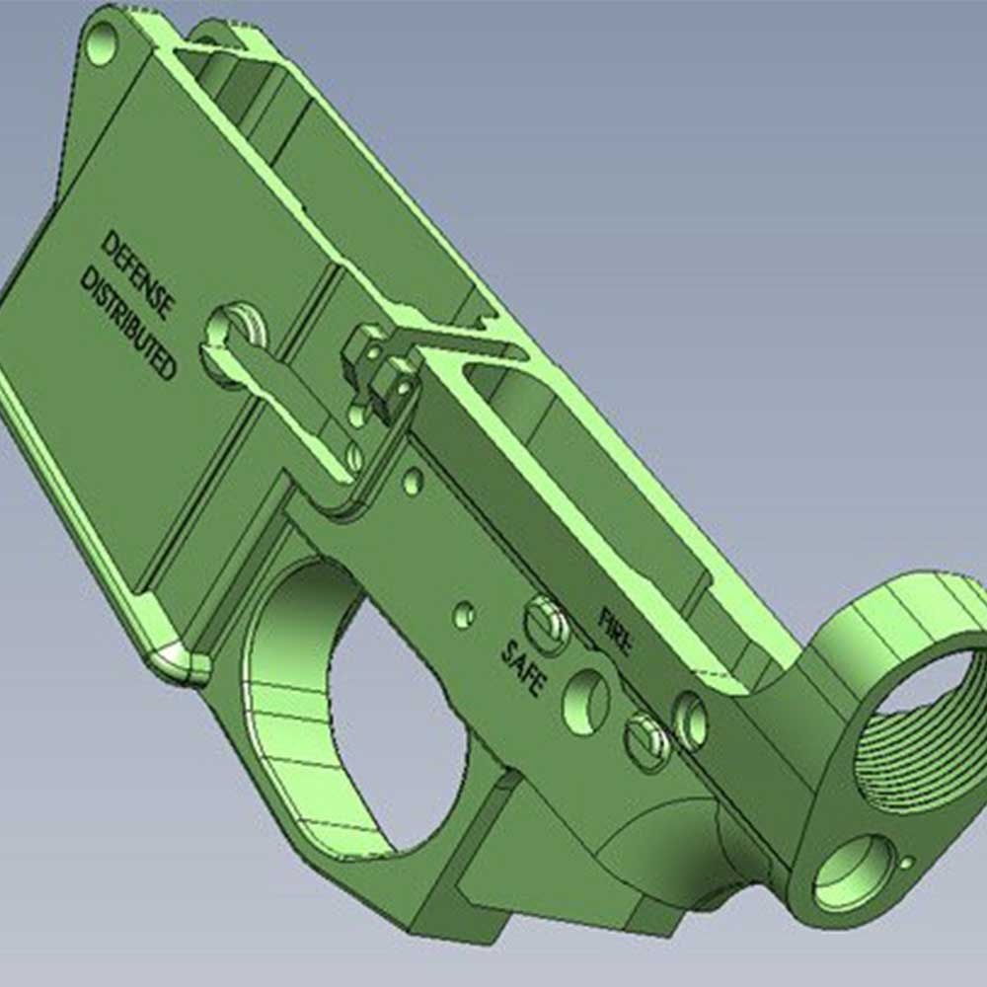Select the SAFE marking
click(524, 668)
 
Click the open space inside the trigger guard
click(395, 711)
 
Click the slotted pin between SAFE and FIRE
click(546, 625)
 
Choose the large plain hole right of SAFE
click(586, 701)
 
